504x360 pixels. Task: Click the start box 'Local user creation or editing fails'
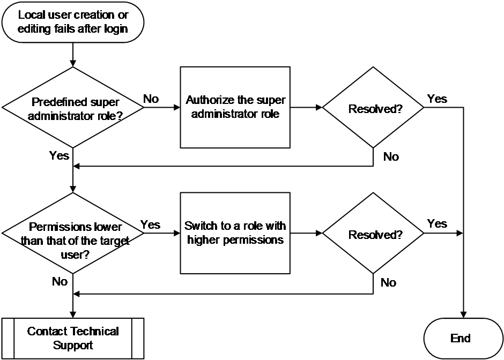(73, 22)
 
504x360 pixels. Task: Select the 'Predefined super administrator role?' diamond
(73, 107)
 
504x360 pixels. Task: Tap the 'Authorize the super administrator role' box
(235, 107)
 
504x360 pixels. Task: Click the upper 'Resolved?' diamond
(373, 107)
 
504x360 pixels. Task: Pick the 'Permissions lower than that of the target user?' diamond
(73, 233)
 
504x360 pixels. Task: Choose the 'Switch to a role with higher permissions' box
(235, 233)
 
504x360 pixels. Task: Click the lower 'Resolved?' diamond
(373, 233)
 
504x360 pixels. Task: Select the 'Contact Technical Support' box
(73, 339)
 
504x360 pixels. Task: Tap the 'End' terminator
(463, 339)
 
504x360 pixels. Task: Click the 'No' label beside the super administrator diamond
(151, 99)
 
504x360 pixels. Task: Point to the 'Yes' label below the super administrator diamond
(59, 155)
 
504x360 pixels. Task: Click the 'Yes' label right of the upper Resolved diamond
(437, 99)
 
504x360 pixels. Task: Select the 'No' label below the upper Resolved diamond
(391, 157)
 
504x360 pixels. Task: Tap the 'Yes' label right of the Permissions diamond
(151, 224)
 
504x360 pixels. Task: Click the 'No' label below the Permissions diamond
(60, 282)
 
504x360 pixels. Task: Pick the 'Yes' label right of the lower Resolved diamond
(437, 223)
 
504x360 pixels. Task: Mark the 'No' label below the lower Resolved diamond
(388, 283)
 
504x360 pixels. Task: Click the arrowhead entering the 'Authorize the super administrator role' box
(177, 107)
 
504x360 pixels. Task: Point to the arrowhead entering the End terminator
(463, 314)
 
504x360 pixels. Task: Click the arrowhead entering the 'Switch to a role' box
(177, 233)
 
